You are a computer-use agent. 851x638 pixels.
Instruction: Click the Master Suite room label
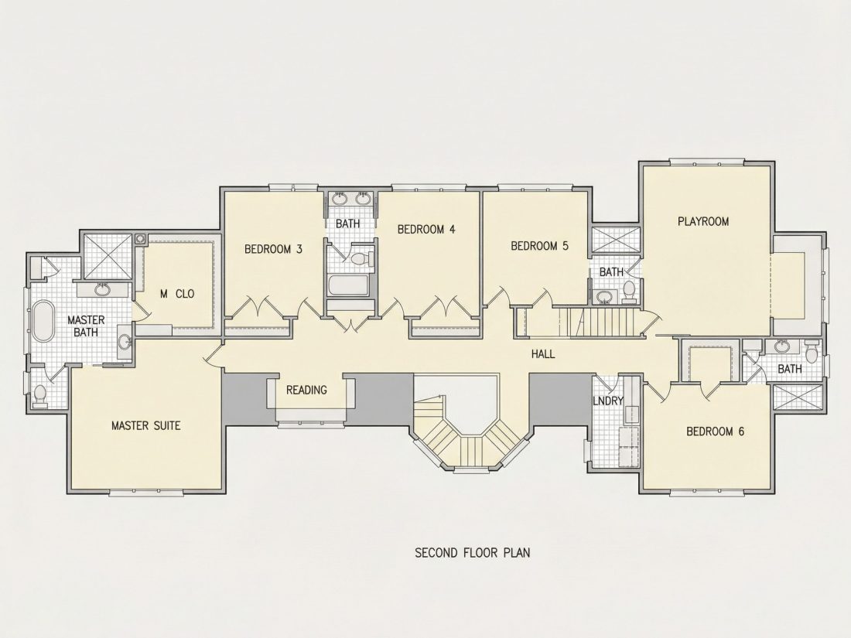145,425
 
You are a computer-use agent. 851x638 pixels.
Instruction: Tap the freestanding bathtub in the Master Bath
43,321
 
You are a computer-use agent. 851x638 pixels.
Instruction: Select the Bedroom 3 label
273,249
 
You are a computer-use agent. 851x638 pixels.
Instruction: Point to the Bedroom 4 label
426,230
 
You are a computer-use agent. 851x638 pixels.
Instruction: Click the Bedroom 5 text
539,246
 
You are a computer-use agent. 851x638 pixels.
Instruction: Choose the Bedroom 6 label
716,432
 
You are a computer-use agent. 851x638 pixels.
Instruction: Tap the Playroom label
703,221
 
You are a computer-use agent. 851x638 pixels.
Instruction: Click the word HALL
543,354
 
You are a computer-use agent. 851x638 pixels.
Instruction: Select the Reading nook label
306,390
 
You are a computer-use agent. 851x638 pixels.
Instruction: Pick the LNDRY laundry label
608,401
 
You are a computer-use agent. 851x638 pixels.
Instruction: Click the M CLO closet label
177,294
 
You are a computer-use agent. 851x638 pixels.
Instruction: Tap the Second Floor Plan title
473,553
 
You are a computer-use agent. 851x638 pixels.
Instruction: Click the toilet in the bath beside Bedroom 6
812,352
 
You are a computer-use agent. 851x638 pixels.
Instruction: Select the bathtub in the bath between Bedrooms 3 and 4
350,286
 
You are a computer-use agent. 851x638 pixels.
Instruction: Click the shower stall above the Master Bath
107,258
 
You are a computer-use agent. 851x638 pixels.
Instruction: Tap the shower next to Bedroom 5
616,241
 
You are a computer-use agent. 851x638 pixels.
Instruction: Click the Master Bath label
86,326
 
